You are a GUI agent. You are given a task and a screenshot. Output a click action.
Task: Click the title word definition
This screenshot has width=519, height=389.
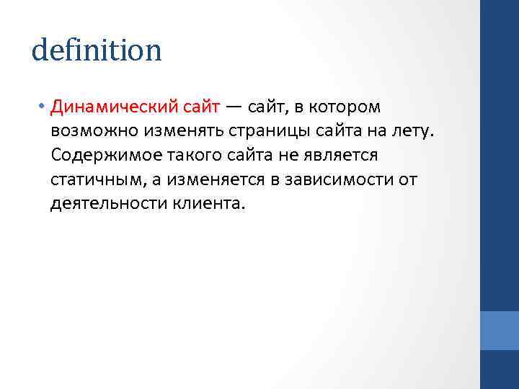(97, 50)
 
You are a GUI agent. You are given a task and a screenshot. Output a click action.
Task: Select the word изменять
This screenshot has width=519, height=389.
(177, 131)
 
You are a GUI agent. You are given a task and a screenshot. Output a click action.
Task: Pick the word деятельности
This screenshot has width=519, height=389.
(107, 203)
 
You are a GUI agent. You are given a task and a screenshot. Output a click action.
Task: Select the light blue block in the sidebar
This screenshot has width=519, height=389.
(499, 330)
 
